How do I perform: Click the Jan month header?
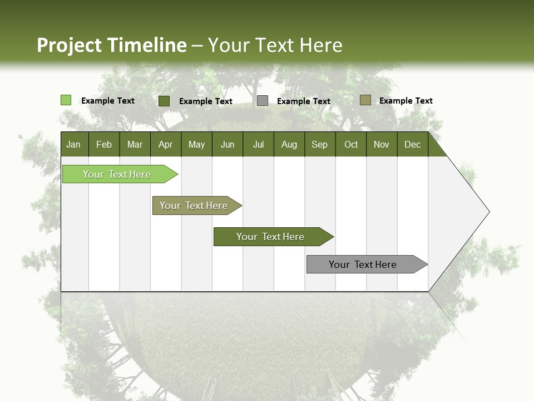73,144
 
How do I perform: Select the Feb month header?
104,144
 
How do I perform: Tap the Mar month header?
135,144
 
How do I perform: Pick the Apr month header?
166,144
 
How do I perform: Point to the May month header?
196,144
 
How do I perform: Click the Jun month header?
228,144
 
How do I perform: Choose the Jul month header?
258,144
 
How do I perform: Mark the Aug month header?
289,144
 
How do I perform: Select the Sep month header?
320,144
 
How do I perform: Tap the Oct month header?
351,144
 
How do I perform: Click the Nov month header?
382,144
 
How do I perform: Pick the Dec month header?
413,144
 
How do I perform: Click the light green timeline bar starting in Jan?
117,174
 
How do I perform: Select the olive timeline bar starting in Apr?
194,206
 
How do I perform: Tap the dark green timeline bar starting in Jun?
270,237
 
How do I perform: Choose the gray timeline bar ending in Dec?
363,265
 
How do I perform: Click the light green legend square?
66,100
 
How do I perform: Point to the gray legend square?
263,101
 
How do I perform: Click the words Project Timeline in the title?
112,45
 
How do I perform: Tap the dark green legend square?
164,101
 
